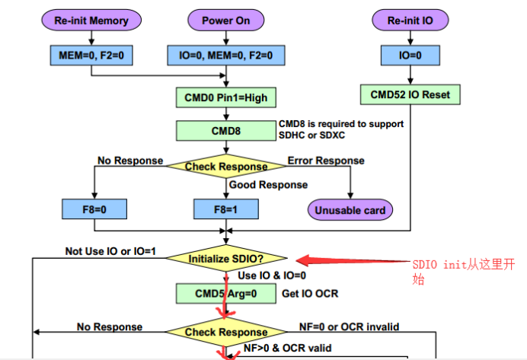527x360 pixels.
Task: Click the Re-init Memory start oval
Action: (91, 20)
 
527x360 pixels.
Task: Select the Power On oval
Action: (226, 20)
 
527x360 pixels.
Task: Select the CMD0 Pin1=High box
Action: (226, 97)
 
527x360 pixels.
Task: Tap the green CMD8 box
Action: (226, 130)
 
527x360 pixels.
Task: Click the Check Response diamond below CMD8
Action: (226, 166)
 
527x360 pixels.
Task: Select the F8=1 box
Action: (226, 209)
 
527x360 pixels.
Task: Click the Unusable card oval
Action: (350, 209)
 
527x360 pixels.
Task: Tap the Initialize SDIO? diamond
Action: (226, 258)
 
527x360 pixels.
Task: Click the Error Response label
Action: (325, 161)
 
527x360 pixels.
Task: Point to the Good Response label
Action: (269, 185)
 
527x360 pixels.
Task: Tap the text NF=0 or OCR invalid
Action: (349, 327)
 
